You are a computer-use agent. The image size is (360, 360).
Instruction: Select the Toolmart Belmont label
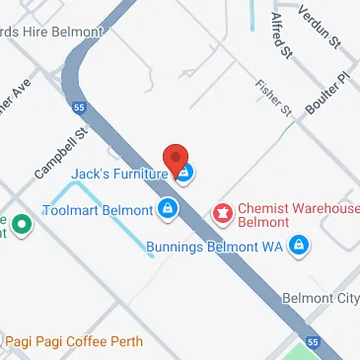click(x=98, y=210)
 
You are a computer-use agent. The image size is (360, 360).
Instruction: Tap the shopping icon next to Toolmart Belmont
click(x=168, y=209)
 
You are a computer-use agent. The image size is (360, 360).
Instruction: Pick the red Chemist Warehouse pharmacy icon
click(x=223, y=211)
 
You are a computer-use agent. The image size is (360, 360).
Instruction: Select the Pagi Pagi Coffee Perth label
click(x=74, y=341)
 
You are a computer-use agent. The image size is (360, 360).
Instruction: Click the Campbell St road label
click(x=61, y=151)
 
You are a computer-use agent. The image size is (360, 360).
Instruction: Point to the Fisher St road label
click(x=275, y=100)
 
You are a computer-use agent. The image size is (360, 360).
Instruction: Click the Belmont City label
click(x=320, y=298)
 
